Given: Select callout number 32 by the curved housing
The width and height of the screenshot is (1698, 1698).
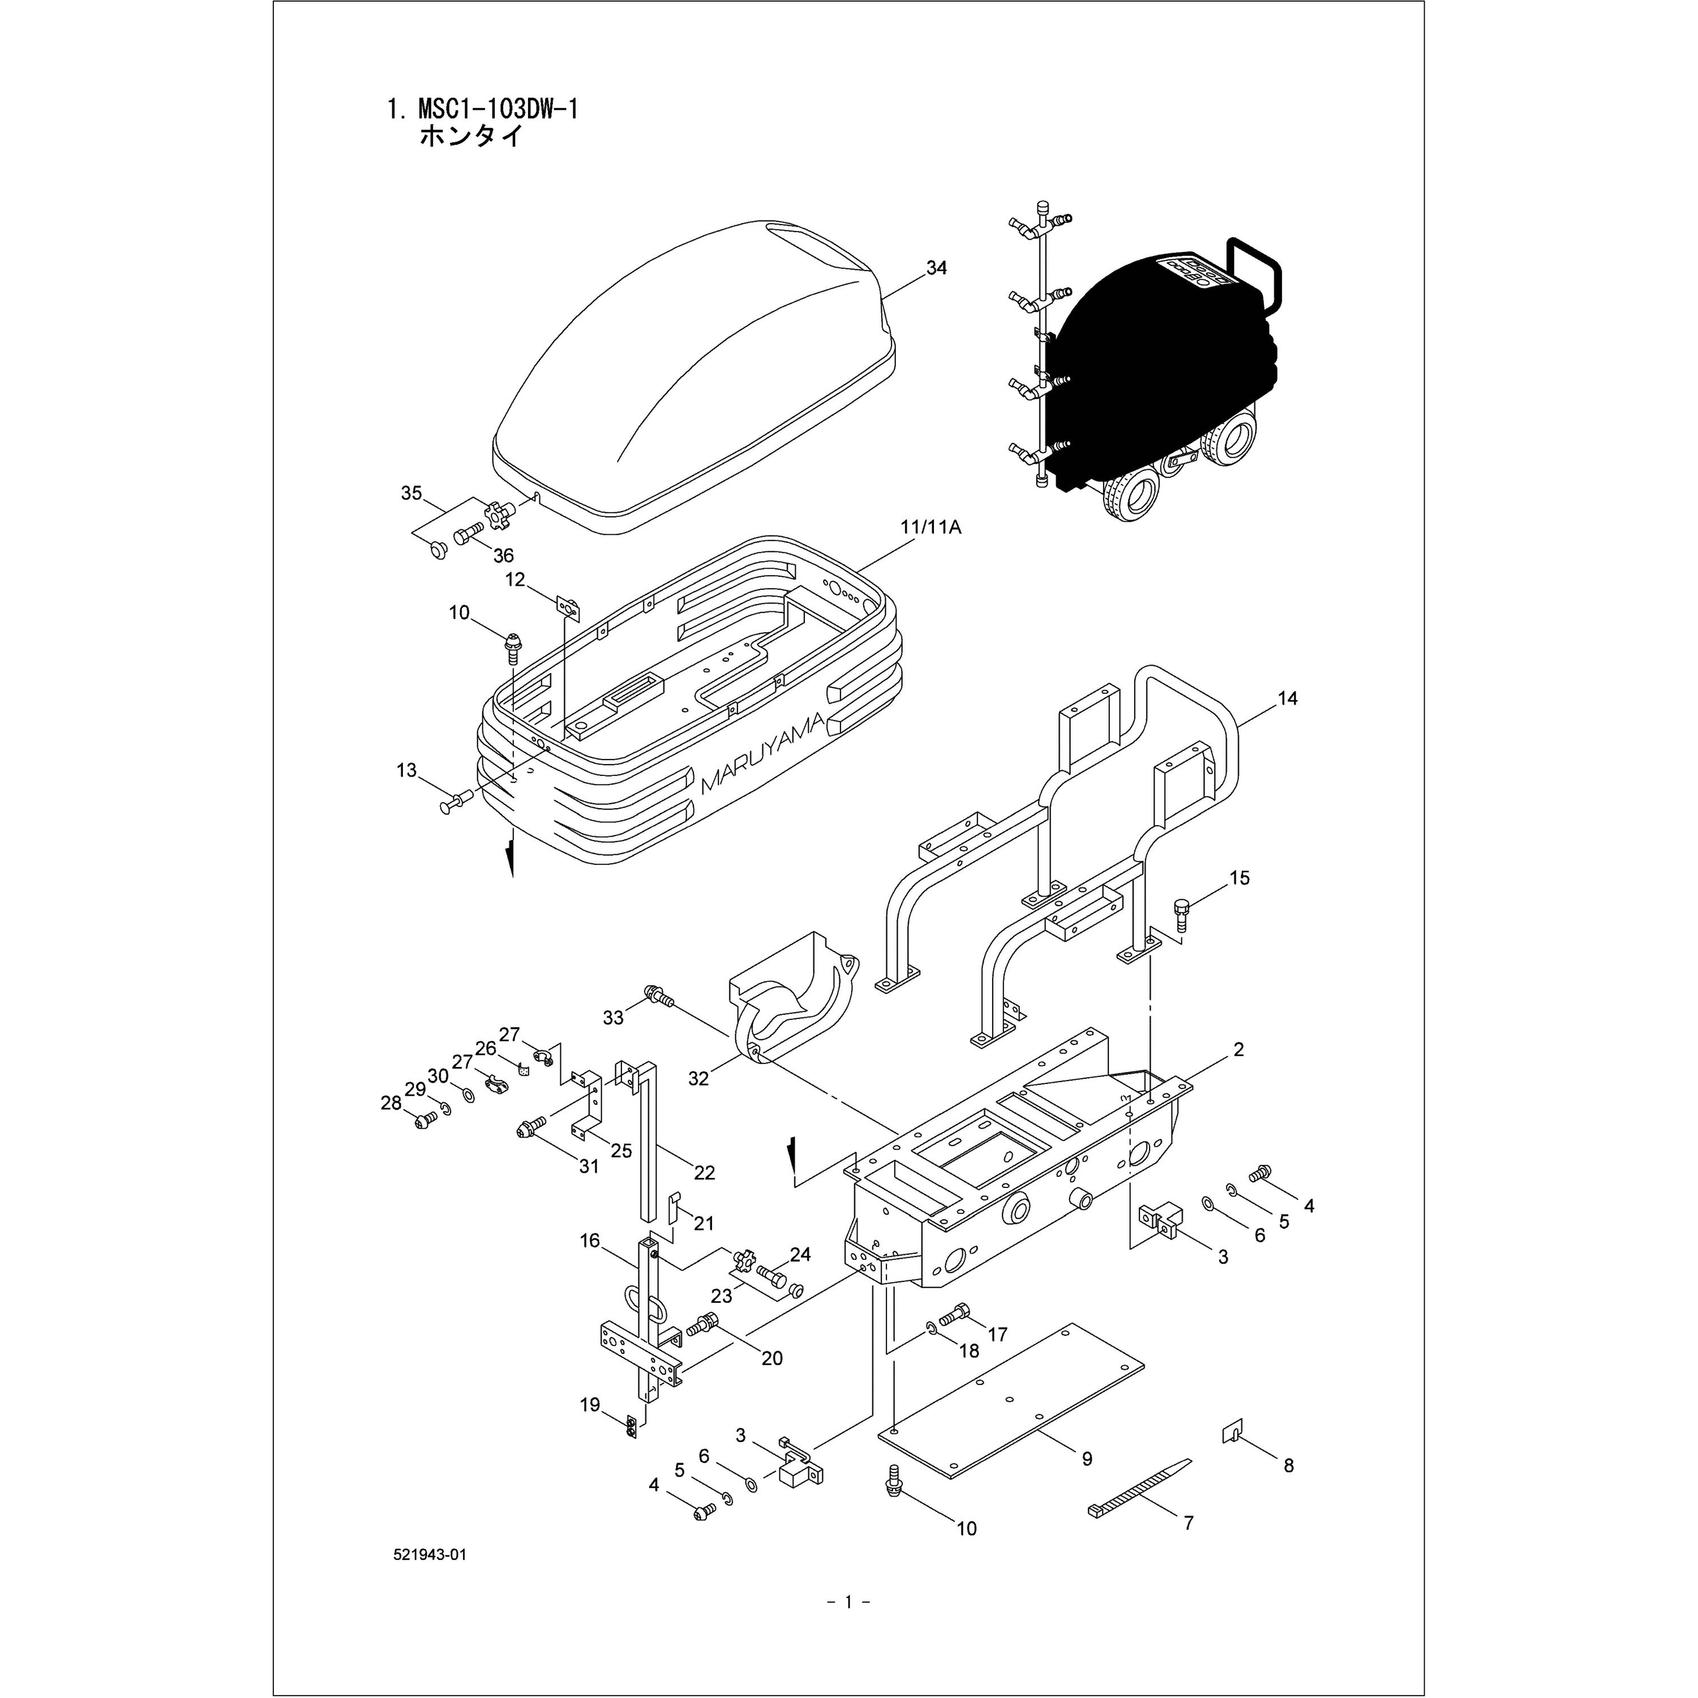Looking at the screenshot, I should [x=698, y=1078].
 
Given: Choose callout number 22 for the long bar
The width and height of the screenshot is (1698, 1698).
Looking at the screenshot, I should [x=704, y=1172].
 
